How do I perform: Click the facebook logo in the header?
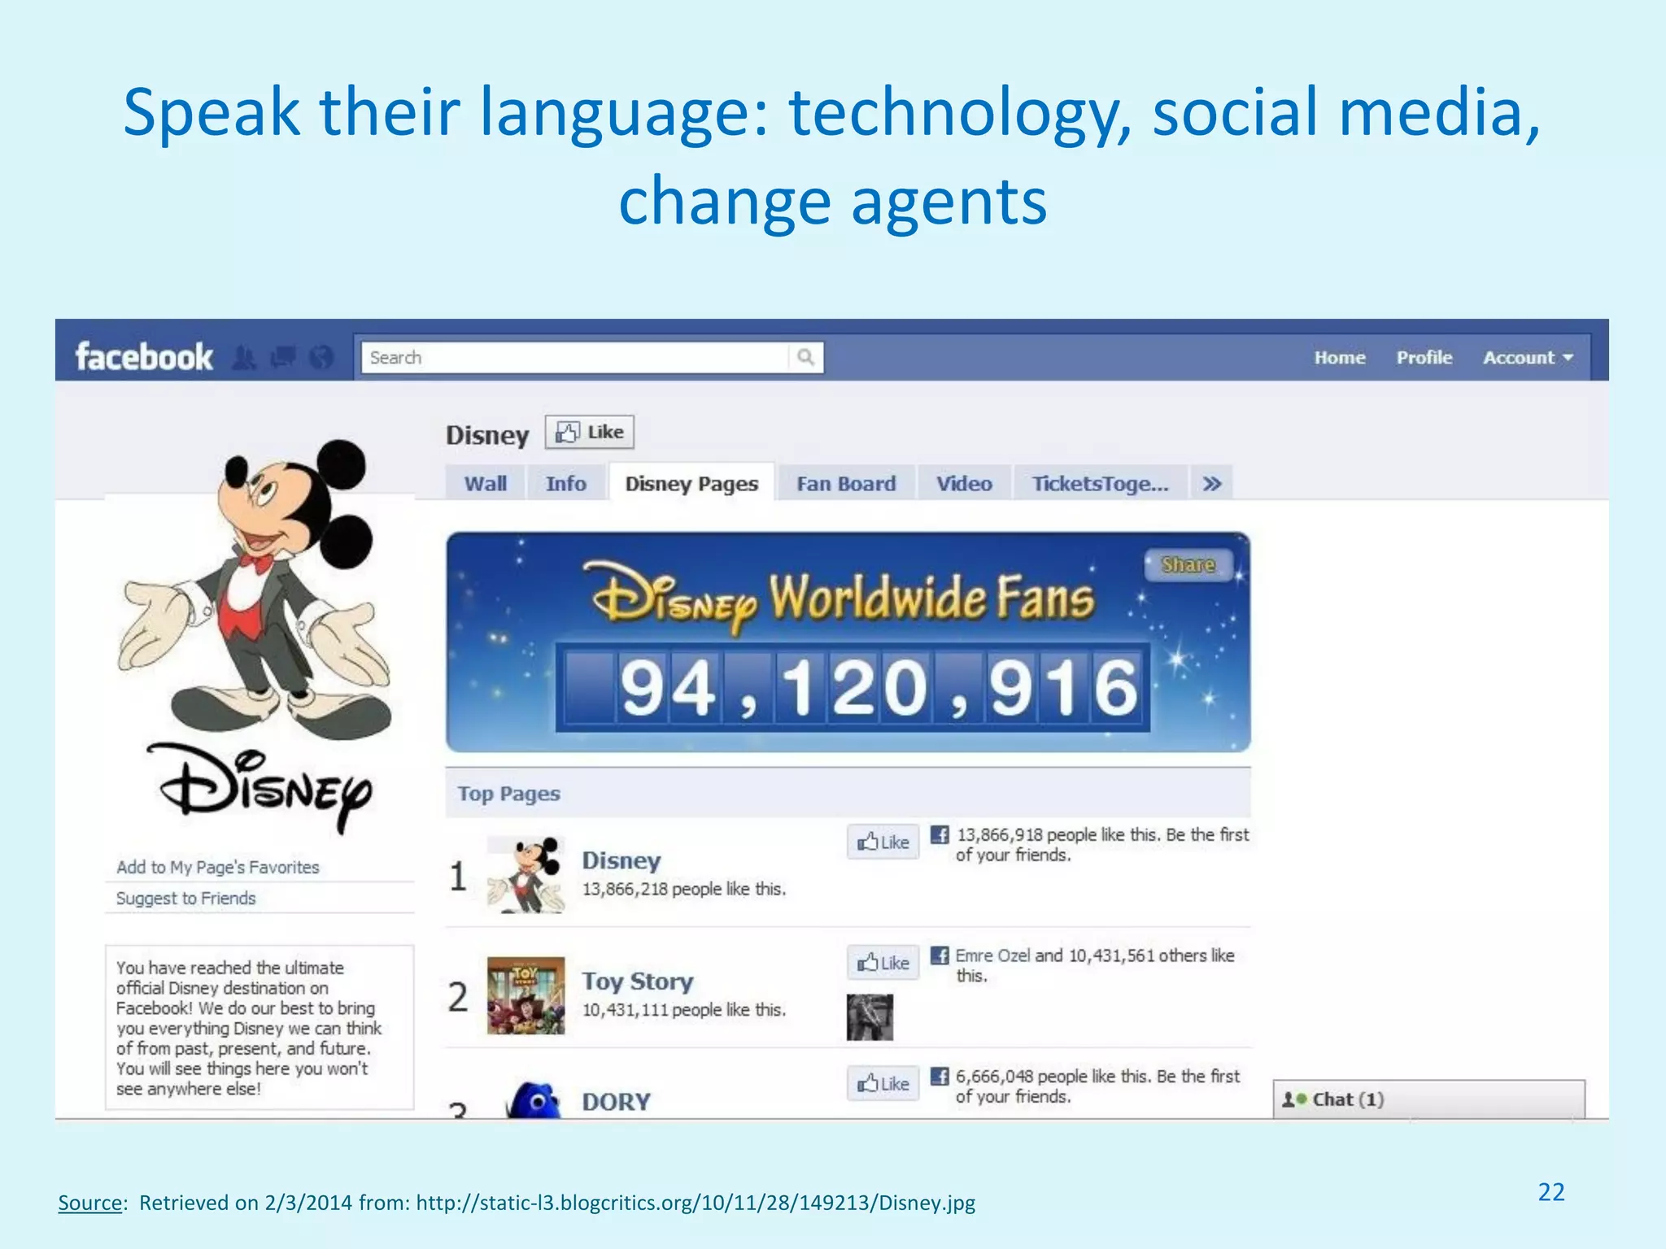coord(144,357)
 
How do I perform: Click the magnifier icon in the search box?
coord(805,357)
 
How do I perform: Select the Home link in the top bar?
coord(1340,358)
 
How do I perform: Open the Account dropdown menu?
coord(1528,358)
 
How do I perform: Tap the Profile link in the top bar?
coord(1424,358)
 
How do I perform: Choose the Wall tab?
coord(486,484)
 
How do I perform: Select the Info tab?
coord(566,484)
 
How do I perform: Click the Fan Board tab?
coord(846,484)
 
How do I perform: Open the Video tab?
coord(964,484)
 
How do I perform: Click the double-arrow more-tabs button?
coord(1212,484)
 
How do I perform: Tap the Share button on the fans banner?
coord(1188,564)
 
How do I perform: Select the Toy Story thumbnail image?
coord(526,995)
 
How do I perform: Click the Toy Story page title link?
coord(638,981)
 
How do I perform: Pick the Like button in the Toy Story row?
coord(883,963)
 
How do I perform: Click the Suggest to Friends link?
coord(186,899)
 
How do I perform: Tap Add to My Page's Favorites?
coord(218,868)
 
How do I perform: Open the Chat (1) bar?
coord(1428,1099)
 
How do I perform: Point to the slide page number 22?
coord(1551,1192)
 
